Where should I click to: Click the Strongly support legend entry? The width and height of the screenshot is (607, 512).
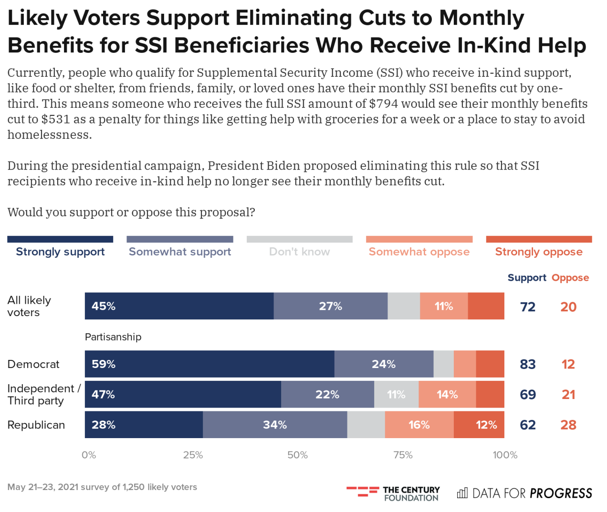60,251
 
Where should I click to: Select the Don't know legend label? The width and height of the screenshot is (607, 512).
299,251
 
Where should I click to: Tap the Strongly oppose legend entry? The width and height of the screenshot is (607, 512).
539,251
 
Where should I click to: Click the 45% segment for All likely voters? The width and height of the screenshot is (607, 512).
179,306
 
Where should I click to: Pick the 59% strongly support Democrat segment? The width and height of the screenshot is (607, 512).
209,364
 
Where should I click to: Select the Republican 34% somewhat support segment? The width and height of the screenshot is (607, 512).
275,425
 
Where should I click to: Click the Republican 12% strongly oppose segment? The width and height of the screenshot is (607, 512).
479,425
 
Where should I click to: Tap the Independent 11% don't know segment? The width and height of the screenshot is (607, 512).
396,395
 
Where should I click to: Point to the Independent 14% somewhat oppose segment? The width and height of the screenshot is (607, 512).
447,395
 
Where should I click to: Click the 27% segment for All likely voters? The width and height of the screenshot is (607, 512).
331,306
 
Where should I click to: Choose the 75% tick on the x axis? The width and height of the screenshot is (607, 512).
403,455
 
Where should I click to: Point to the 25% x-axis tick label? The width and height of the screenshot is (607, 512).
193,455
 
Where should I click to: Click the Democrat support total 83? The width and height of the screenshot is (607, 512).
528,364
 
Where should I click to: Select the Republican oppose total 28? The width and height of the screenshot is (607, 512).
568,425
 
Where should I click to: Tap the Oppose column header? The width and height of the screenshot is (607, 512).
570,277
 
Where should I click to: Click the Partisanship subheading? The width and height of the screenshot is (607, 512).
113,337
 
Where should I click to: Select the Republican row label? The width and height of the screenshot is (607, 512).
36,425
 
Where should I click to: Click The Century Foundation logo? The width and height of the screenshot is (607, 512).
393,493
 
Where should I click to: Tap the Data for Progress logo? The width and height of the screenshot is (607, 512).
524,493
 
